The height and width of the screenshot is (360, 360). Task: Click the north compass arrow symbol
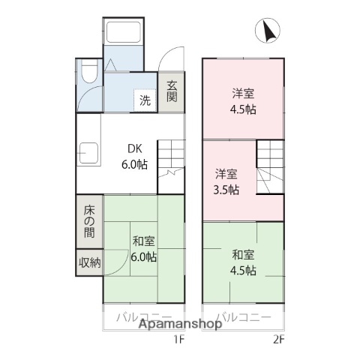click(x=268, y=31)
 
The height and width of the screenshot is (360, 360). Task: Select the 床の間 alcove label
click(x=88, y=221)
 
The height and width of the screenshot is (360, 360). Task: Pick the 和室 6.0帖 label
click(x=144, y=249)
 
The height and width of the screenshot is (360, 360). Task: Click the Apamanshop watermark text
click(x=179, y=324)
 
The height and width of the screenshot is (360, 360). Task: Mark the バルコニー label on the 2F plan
click(x=244, y=316)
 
